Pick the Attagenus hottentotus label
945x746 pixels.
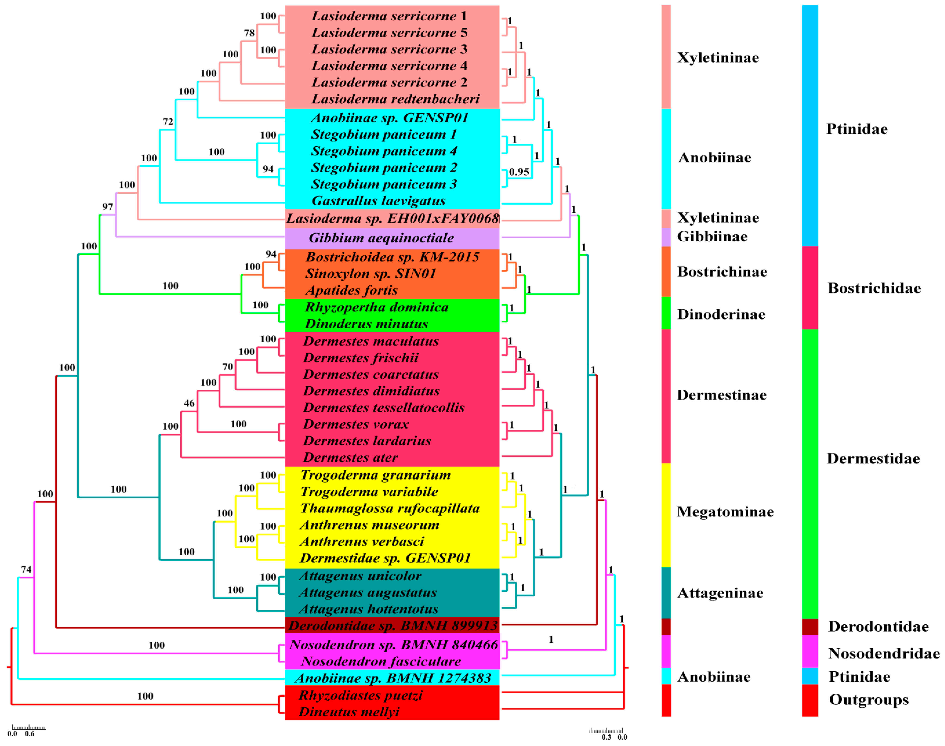click(368, 609)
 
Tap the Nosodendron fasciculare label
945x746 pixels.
click(381, 662)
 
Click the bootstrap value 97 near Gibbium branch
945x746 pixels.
click(107, 207)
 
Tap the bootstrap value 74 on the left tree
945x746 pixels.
click(26, 569)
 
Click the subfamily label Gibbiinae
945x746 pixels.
click(712, 237)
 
